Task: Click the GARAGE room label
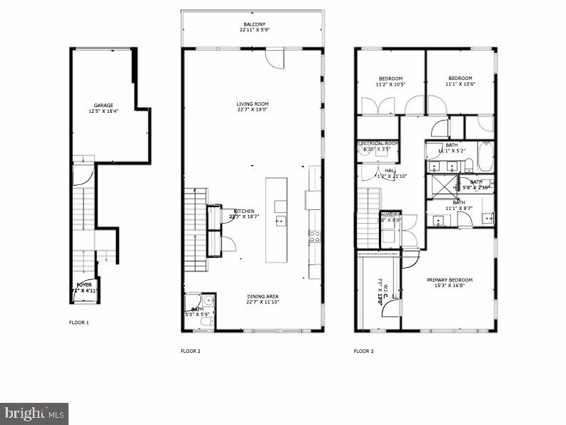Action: click(103, 105)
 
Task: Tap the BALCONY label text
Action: click(253, 24)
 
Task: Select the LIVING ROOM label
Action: click(253, 104)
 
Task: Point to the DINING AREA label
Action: click(253, 296)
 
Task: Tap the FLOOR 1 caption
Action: click(79, 323)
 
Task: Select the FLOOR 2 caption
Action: click(191, 351)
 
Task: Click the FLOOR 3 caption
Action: click(364, 351)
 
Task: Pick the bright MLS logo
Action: click(34, 412)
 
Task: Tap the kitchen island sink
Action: click(281, 221)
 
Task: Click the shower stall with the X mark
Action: click(443, 185)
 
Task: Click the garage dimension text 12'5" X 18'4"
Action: click(103, 111)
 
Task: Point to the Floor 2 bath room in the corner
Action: click(198, 311)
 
